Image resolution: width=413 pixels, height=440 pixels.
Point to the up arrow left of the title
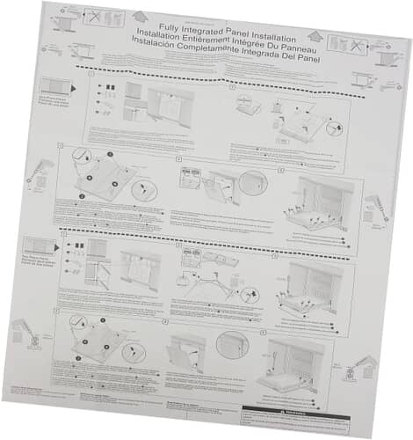(140, 17)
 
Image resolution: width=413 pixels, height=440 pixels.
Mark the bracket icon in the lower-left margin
(25, 334)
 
